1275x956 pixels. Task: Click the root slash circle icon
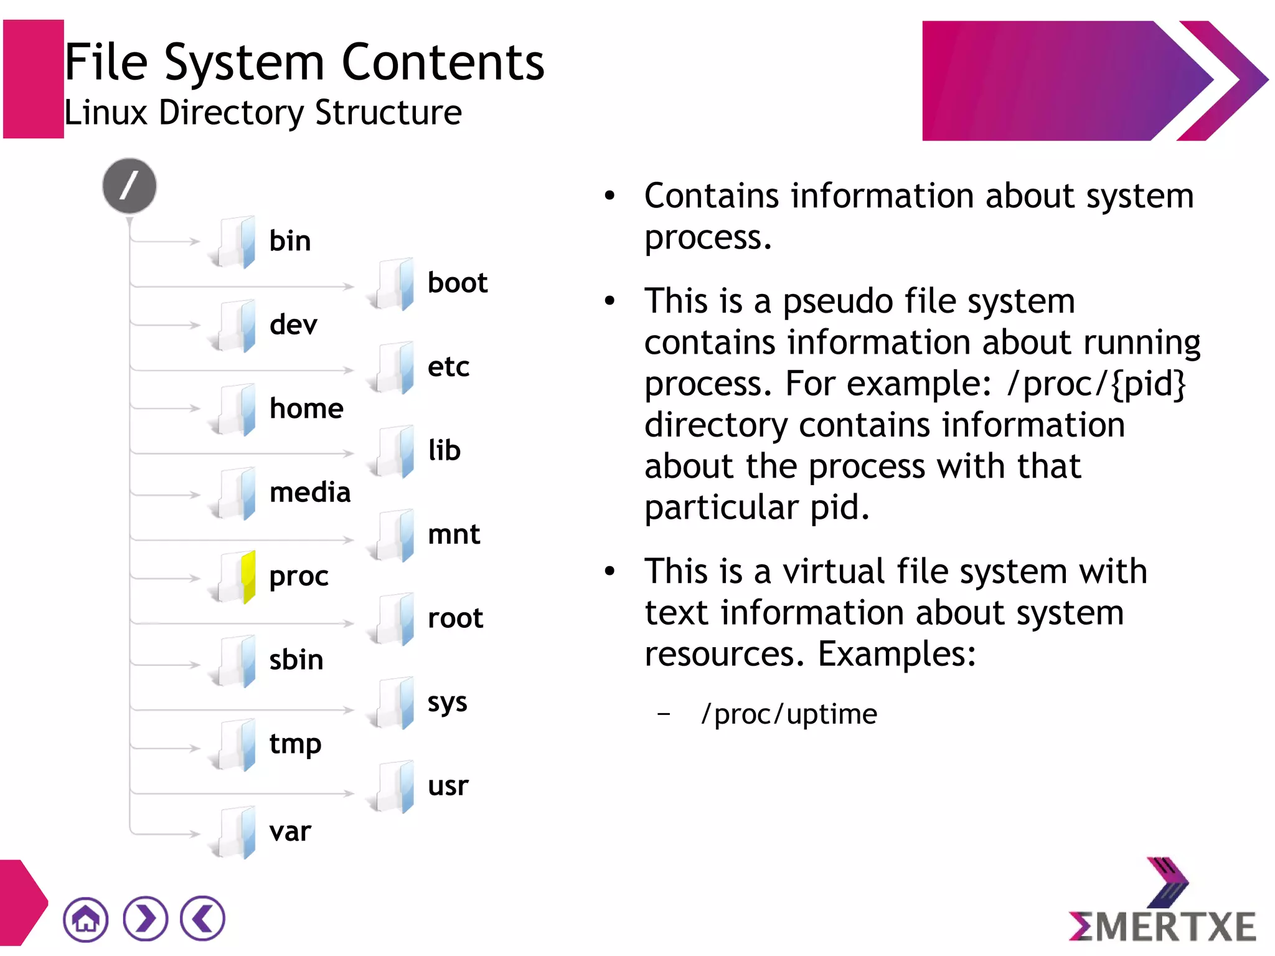pyautogui.click(x=129, y=186)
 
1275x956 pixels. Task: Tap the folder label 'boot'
pyautogui.click(x=457, y=283)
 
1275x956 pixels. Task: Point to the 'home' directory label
pyautogui.click(x=306, y=409)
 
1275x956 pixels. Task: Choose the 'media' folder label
pyautogui.click(x=310, y=493)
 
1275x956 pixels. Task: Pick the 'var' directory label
pyautogui.click(x=290, y=831)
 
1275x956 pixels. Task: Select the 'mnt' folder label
pyautogui.click(x=454, y=534)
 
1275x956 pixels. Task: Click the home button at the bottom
pyautogui.click(x=85, y=919)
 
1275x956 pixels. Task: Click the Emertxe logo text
pyautogui.click(x=1162, y=926)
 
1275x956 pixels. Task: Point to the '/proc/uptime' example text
pyautogui.click(x=789, y=714)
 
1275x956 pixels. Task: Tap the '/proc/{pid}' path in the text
pyautogui.click(x=1096, y=384)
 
